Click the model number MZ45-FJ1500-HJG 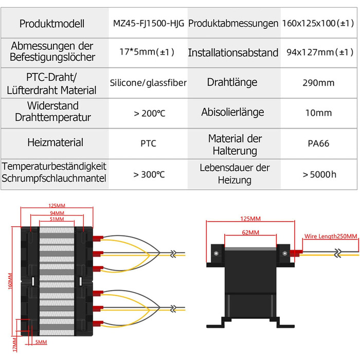coord(148,23)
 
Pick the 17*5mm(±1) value coord(148,52)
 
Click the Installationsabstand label coord(232,52)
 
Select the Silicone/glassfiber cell coord(148,82)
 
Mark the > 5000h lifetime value coord(319,174)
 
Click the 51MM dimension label coord(58,219)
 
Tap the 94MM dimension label coord(58,212)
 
